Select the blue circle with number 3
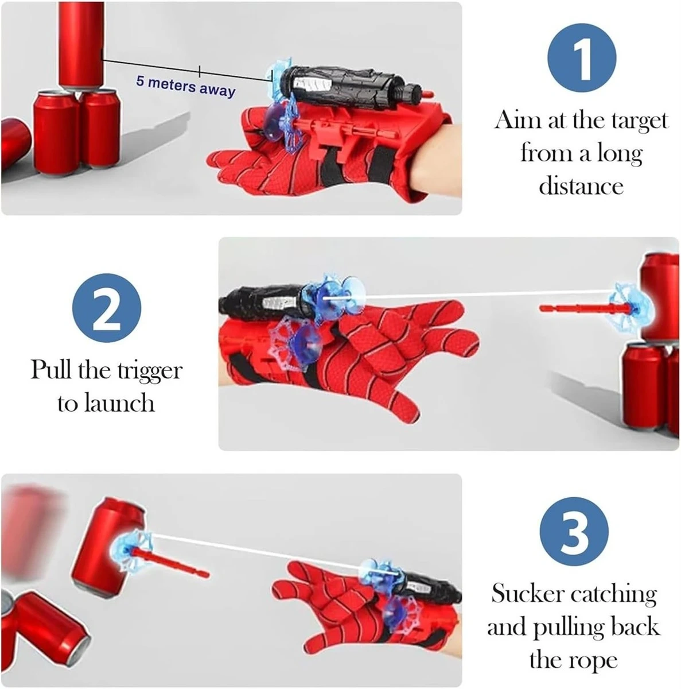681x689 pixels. point(574,531)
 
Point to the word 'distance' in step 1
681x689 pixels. point(581,185)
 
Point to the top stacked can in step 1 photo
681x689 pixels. point(81,45)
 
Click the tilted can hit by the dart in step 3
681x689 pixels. point(109,548)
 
